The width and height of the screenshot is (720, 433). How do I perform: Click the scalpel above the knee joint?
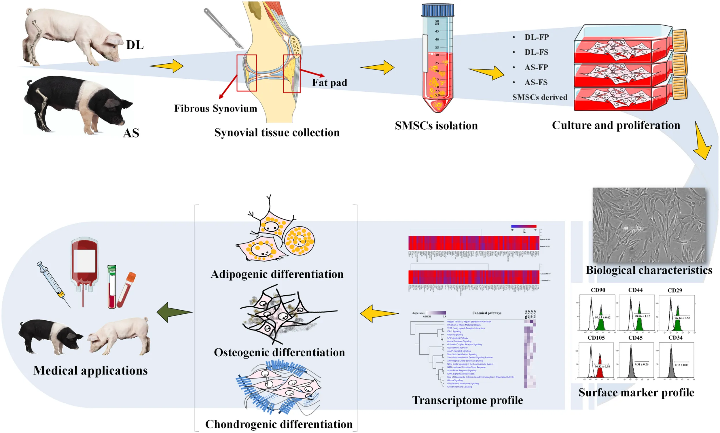223,28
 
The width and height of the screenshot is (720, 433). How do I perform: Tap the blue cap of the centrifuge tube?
437,10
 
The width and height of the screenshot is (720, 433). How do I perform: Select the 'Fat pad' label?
329,83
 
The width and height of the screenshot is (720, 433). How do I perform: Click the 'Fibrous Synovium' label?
215,108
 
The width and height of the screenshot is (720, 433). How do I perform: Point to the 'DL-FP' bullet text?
536,37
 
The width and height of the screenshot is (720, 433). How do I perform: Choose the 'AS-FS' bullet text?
536,82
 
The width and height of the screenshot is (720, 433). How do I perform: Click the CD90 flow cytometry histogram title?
598,290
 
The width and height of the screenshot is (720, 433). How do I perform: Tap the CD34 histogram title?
675,338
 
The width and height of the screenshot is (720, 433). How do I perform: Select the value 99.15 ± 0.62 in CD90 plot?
602,317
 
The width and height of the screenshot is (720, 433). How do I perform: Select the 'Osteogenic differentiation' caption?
279,352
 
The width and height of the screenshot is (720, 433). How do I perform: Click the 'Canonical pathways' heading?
487,313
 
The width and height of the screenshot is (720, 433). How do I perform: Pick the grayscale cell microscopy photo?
649,225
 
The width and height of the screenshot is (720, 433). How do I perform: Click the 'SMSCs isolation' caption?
436,126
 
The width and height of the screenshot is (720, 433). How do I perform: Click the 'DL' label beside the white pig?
135,45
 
